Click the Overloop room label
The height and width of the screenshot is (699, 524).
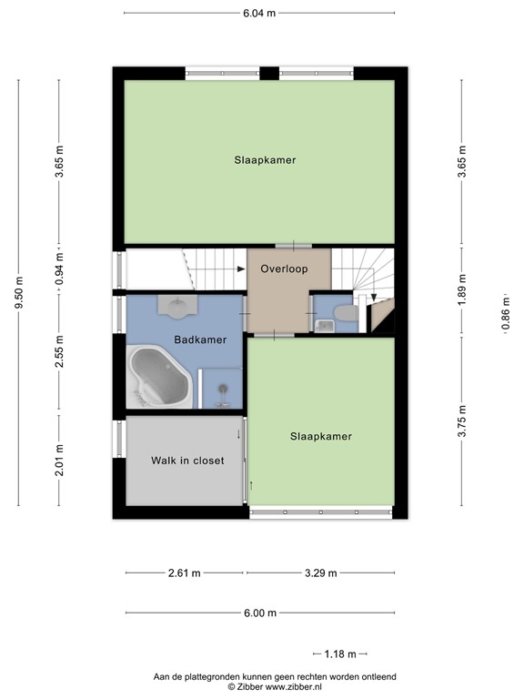point(283,269)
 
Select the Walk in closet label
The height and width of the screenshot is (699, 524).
point(187,461)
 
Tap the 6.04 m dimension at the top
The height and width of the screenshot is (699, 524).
point(259,14)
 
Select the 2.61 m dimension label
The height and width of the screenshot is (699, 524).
point(185,573)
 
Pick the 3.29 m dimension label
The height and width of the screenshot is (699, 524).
point(320,573)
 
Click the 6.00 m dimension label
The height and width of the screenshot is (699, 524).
point(259,613)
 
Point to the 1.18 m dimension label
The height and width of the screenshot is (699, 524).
point(339,653)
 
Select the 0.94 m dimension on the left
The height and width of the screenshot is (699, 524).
point(59,270)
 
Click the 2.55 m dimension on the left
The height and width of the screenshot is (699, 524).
point(59,351)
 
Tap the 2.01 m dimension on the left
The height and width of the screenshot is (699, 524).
point(59,460)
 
